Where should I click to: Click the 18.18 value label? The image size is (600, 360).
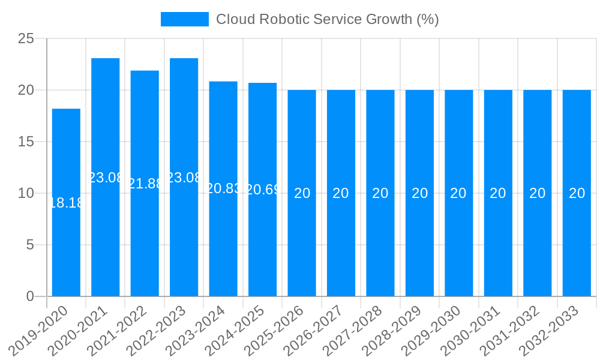[66, 203]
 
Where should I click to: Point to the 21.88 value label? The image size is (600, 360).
[145, 184]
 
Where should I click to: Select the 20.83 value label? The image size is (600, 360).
[223, 188]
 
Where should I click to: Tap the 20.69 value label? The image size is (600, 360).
[263, 190]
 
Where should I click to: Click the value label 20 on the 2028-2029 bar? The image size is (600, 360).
[419, 193]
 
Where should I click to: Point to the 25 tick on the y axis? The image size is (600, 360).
[26, 39]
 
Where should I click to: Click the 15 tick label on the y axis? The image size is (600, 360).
[26, 142]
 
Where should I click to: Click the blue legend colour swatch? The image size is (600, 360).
[184, 19]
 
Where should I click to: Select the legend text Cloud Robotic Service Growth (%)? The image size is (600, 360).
[327, 19]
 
